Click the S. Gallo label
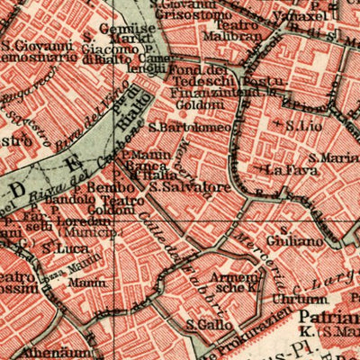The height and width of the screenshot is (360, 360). click(x=204, y=324)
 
